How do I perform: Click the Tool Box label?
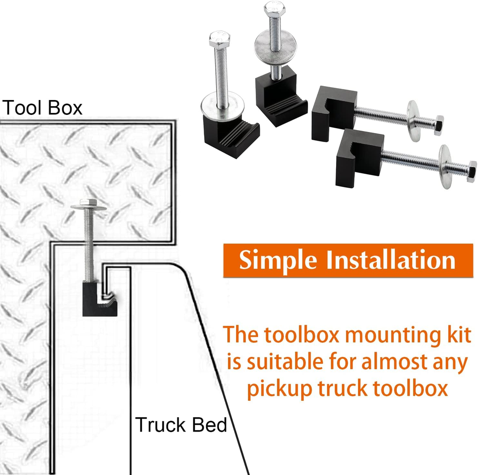(x=42, y=108)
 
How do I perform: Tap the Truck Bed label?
(x=181, y=425)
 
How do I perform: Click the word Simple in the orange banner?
(x=278, y=261)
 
